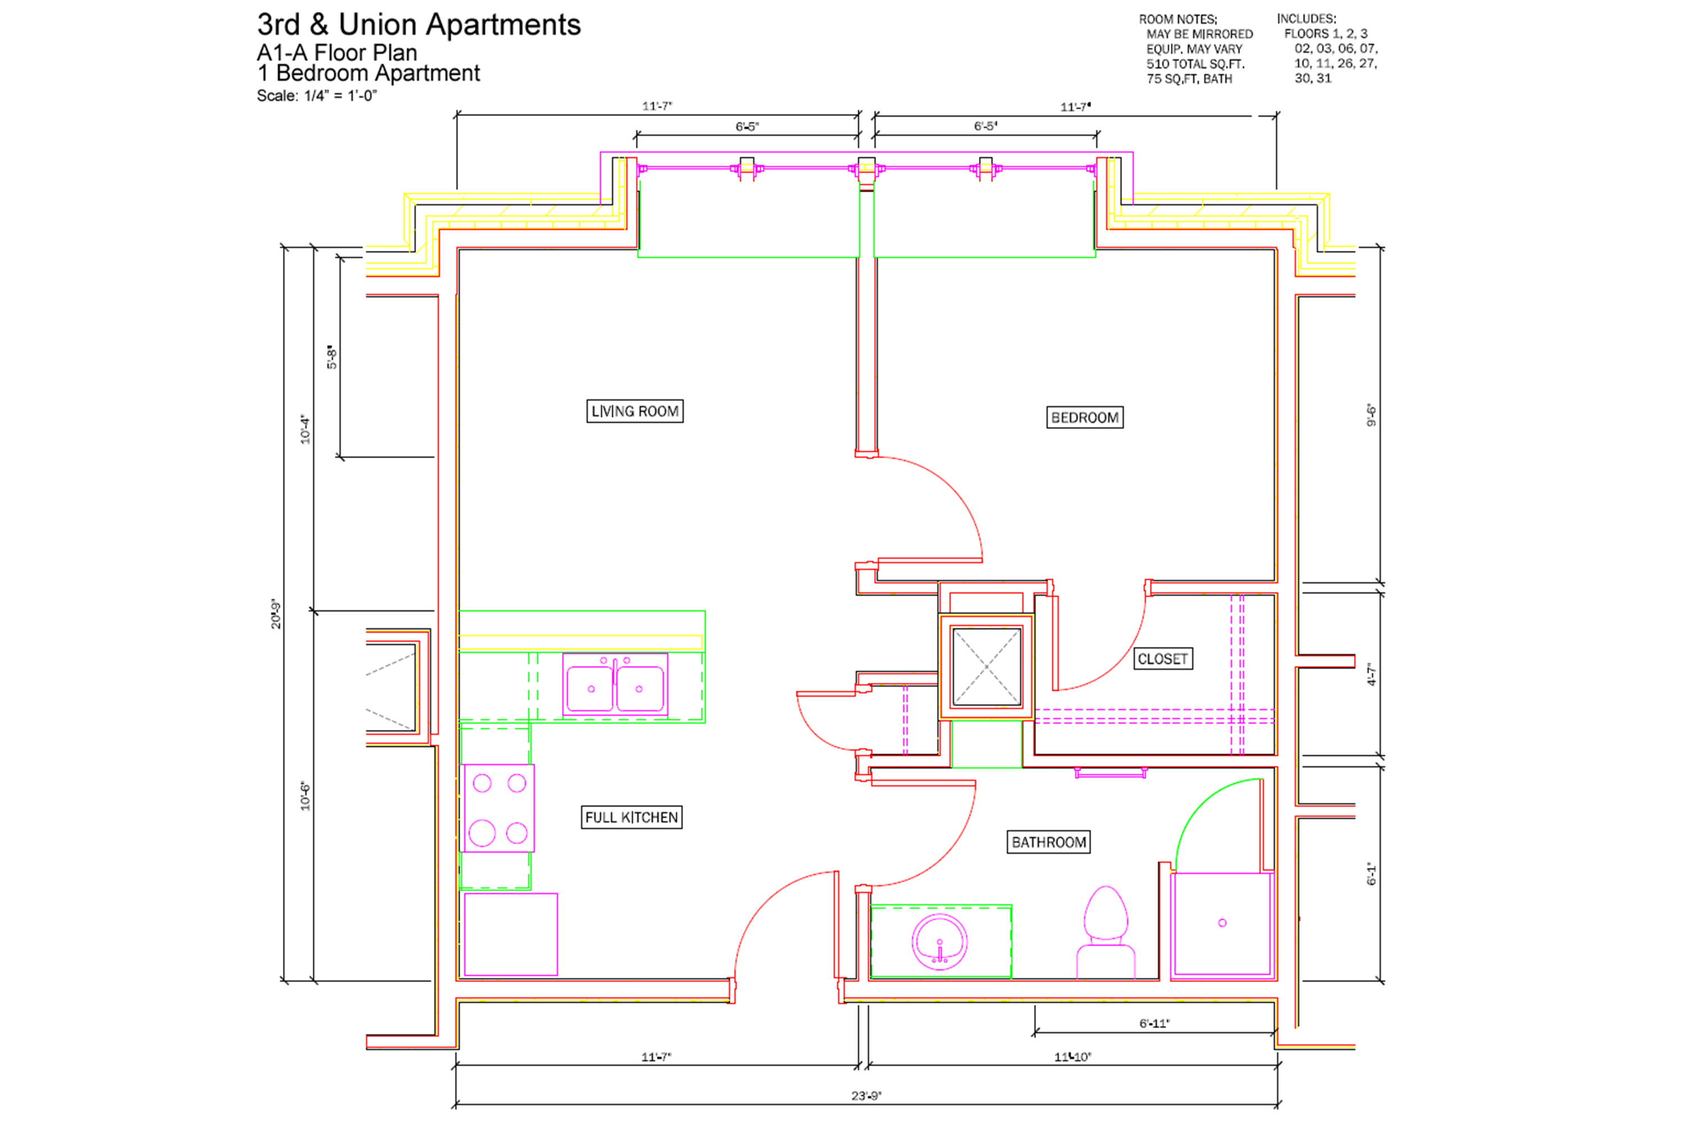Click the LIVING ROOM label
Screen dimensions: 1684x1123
634,411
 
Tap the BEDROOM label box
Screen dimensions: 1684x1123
1084,418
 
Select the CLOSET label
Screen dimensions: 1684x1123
1163,659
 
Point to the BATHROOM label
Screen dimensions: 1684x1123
1049,842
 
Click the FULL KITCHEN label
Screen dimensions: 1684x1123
631,817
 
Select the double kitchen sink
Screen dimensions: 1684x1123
615,684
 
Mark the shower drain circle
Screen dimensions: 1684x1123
1222,923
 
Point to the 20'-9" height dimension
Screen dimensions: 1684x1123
276,614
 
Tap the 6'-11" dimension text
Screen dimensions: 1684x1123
1154,1024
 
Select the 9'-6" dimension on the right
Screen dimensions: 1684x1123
1371,415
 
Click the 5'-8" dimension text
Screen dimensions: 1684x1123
332,357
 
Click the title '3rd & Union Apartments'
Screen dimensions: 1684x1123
419,24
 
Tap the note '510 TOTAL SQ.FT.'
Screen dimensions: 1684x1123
1195,64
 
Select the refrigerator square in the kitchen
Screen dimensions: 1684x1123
510,934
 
